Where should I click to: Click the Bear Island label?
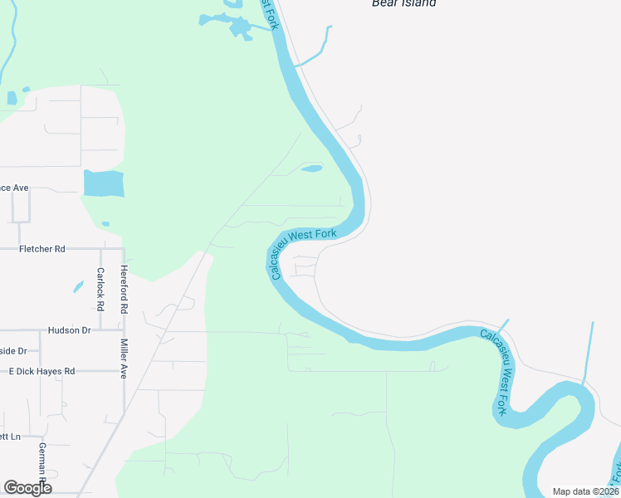click(x=403, y=3)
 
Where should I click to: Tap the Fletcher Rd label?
click(x=42, y=248)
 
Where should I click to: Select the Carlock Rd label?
click(x=100, y=289)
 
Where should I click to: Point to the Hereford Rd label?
click(x=124, y=289)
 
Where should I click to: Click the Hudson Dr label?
click(x=69, y=330)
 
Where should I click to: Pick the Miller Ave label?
click(x=123, y=359)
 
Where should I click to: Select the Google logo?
click(x=27, y=487)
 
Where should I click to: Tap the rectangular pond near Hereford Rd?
click(x=104, y=183)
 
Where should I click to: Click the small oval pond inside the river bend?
click(x=311, y=169)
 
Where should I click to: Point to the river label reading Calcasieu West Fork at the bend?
click(x=305, y=250)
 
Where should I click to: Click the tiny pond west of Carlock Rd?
click(x=78, y=287)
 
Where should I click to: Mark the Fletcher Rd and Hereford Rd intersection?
click(x=124, y=248)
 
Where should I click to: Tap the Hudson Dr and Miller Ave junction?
click(x=124, y=330)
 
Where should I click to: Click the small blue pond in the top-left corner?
click(x=12, y=98)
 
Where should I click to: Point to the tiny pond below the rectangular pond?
click(x=105, y=223)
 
